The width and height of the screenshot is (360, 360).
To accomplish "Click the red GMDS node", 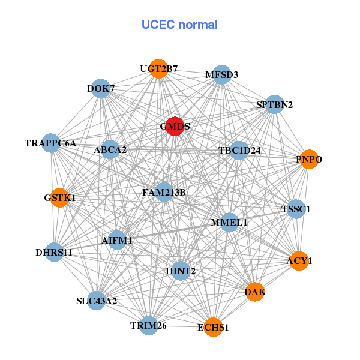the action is tap(174, 127).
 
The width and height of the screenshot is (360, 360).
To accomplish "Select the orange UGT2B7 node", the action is tap(158, 69).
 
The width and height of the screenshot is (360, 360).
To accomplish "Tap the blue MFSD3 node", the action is tap(222, 74).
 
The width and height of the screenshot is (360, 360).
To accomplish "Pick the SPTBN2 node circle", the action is tap(274, 104).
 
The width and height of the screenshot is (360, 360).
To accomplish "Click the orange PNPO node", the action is tap(308, 159).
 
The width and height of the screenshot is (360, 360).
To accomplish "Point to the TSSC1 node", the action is tap(296, 209).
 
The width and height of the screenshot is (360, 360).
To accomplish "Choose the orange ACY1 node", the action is tap(299, 260).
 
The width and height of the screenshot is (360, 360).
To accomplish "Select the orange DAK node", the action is tap(255, 292).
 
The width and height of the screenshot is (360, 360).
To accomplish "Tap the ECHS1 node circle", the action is tap(213, 327).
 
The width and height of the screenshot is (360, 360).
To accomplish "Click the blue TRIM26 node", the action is tap(148, 325).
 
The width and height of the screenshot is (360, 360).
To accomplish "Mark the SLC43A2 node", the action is tap(97, 300).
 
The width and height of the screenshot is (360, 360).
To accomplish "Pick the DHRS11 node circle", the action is tap(54, 252).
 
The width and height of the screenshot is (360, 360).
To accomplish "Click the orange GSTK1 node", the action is tap(59, 197).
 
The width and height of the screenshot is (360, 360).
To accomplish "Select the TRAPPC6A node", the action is tap(51, 143).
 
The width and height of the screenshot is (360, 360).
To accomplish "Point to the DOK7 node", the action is tap(101, 89).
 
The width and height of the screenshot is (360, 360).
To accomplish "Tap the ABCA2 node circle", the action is tap(110, 149).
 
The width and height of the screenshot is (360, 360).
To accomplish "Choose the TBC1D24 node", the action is tap(239, 150).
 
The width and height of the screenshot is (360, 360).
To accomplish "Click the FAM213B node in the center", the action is tap(164, 192).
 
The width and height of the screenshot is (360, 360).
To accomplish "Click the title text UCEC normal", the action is tap(179, 25).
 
